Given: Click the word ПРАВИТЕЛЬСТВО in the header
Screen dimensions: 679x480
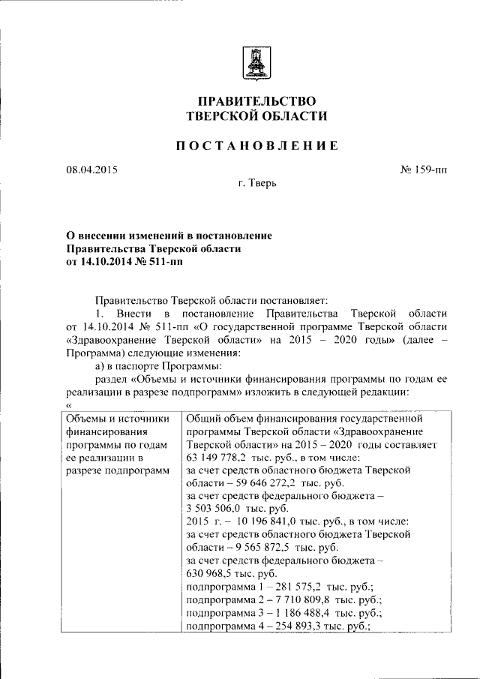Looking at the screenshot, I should (257, 101).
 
